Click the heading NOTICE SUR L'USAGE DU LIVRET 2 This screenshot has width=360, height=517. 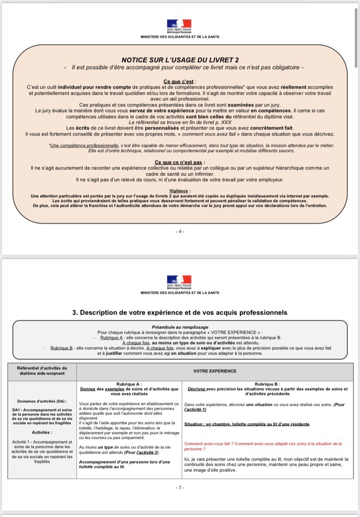(x=180, y=60)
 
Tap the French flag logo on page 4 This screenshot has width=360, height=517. (x=180, y=25)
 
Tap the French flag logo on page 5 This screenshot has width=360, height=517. (x=180, y=281)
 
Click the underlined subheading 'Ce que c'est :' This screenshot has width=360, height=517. (x=180, y=81)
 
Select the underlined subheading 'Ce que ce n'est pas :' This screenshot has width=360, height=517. (x=180, y=162)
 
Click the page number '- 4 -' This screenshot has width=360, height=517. (x=180, y=232)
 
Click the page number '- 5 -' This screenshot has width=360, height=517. (x=180, y=487)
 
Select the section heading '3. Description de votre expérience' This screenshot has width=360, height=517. (x=180, y=312)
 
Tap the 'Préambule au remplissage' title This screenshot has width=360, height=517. (x=180, y=327)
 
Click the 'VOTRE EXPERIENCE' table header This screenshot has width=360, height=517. (x=215, y=371)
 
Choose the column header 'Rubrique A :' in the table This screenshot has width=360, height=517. (x=129, y=384)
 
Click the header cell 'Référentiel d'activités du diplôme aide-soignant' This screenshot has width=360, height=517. (x=42, y=371)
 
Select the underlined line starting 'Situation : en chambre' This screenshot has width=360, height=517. (x=247, y=424)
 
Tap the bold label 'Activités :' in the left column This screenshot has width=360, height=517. (x=42, y=432)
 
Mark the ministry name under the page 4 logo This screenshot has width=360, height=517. (x=180, y=37)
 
